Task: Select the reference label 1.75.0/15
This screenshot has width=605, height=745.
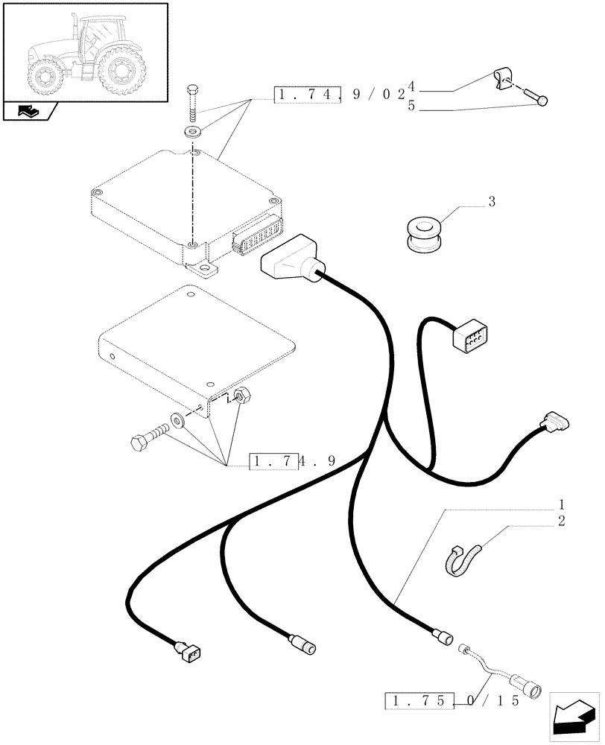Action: tap(450, 701)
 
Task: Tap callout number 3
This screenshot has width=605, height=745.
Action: tap(492, 202)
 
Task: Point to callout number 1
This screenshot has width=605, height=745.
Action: tap(561, 504)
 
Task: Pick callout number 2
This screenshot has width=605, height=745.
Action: tap(561, 520)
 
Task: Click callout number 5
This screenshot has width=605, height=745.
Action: tap(411, 107)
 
